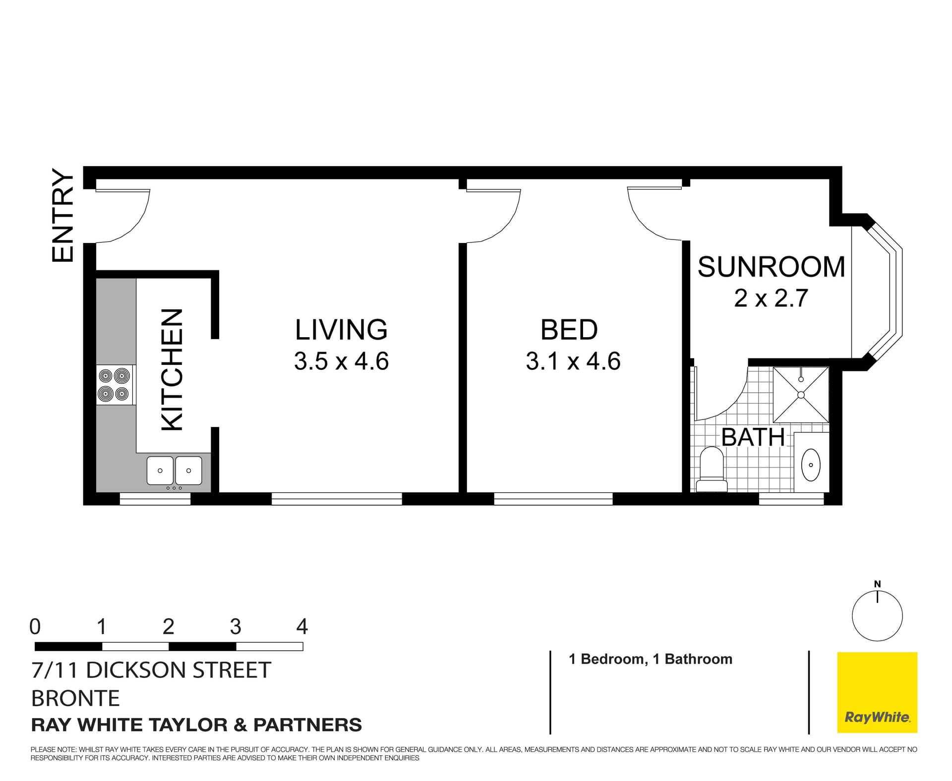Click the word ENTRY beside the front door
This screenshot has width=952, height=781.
click(x=63, y=215)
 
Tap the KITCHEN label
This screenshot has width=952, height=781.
click(x=173, y=370)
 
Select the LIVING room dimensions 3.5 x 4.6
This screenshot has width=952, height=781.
click(x=341, y=361)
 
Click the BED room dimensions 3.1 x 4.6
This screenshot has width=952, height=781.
click(x=573, y=361)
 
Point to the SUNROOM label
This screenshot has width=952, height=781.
click(x=771, y=267)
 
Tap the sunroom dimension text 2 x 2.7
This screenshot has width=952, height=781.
click(x=771, y=298)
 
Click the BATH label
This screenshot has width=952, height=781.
click(x=753, y=437)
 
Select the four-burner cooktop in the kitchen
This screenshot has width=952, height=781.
click(x=115, y=385)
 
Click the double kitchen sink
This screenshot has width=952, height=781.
click(x=175, y=471)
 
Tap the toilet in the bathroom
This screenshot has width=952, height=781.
click(x=712, y=469)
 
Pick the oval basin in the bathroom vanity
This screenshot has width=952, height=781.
click(x=811, y=465)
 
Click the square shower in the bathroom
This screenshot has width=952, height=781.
click(x=801, y=394)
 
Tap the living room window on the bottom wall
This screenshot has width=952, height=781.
click(x=337, y=498)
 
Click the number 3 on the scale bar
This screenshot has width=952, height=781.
click(x=236, y=627)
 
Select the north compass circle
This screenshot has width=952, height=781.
click(x=877, y=616)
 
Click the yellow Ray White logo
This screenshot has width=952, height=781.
click(x=877, y=692)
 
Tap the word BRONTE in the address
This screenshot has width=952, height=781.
click(x=75, y=698)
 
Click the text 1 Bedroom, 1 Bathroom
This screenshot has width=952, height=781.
click(x=651, y=659)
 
